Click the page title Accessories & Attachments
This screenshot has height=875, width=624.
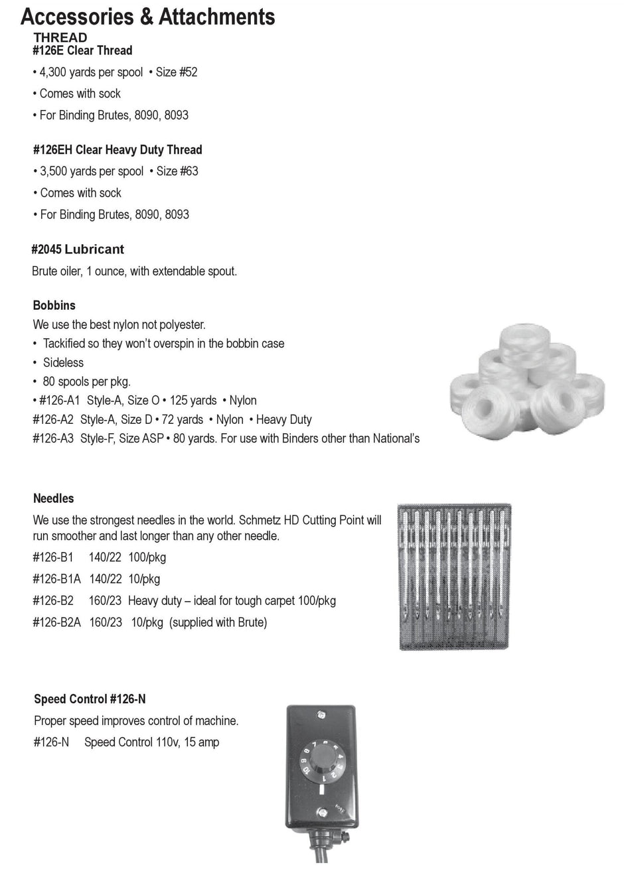147,16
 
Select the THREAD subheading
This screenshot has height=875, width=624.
60,37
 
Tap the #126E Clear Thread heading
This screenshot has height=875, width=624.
82,50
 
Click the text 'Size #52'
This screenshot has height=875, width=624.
177,72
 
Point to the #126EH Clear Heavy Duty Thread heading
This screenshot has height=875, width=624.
117,150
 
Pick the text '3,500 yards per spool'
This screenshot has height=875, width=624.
92,171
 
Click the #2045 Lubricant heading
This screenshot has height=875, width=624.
78,249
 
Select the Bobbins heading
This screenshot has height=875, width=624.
54,305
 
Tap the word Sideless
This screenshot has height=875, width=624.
63,362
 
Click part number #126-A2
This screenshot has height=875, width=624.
53,419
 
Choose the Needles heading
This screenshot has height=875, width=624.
54,498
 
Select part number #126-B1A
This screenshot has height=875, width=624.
56,579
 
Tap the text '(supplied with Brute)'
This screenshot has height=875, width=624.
218,622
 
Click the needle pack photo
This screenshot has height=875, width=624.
454,576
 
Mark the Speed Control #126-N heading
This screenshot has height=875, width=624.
90,699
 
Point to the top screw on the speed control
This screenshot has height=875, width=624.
321,714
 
